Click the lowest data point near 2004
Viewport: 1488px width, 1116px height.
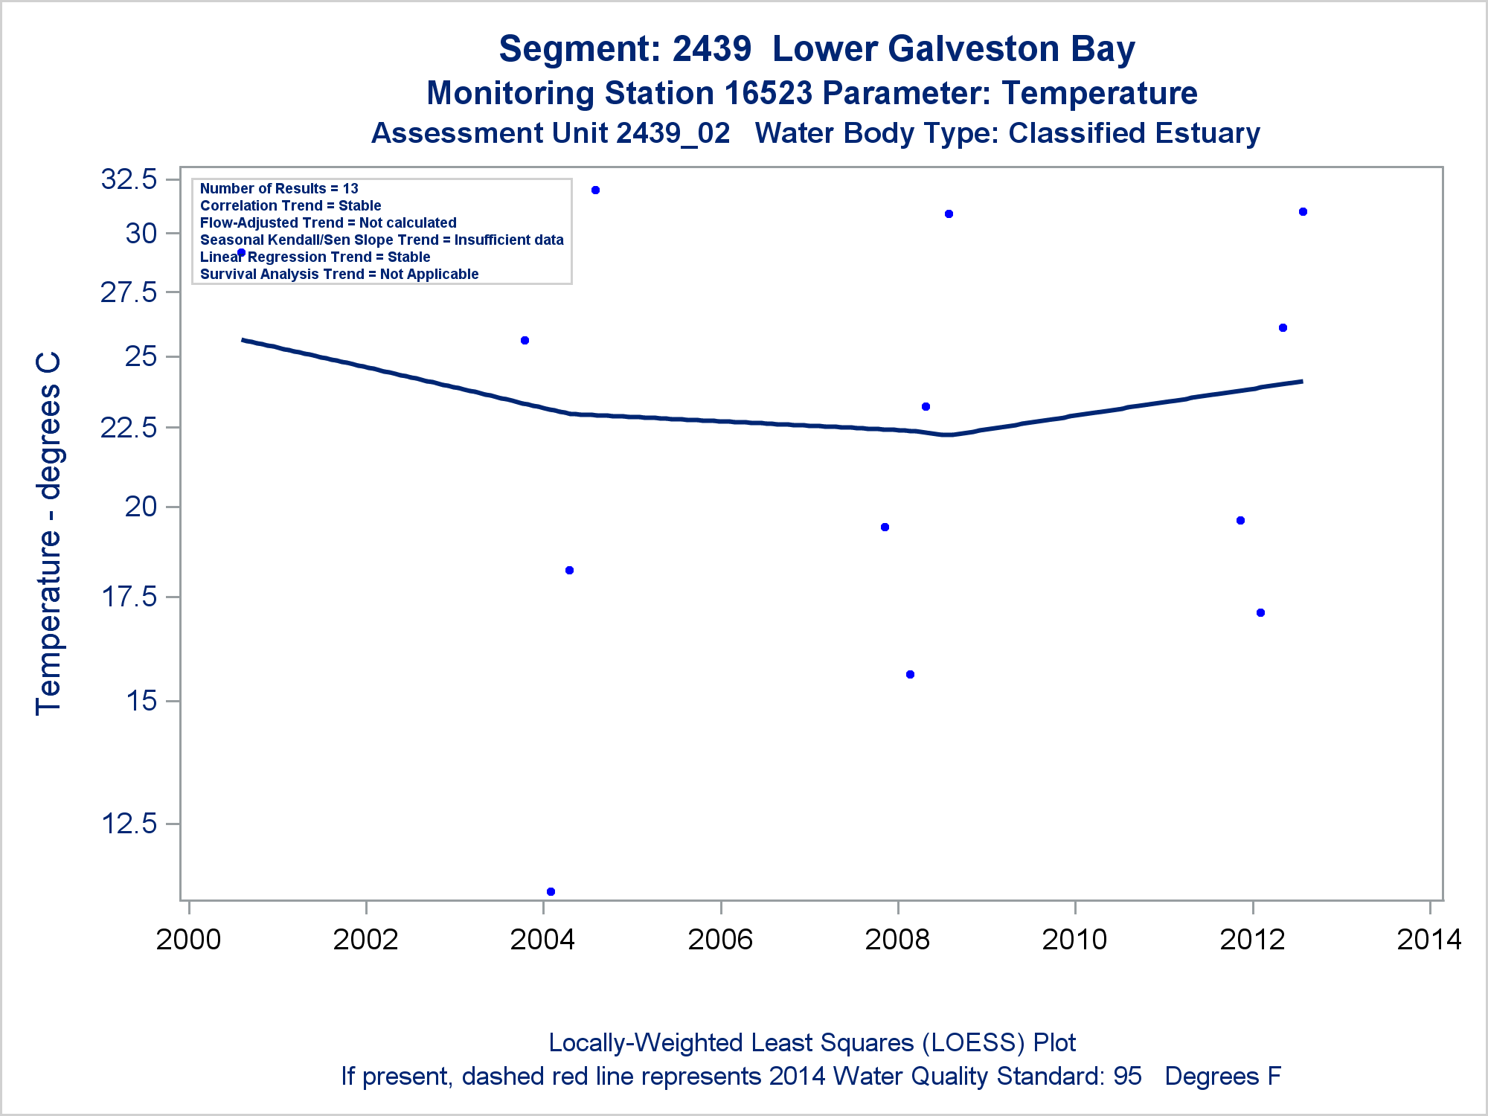click(x=551, y=891)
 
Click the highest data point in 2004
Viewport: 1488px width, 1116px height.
click(x=595, y=190)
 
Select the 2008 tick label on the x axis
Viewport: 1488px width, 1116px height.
click(x=897, y=940)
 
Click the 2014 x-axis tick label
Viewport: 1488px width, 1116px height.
click(x=1429, y=940)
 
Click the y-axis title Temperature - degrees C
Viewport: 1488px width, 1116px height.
click(x=48, y=533)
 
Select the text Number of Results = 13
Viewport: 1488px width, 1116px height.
click(x=279, y=189)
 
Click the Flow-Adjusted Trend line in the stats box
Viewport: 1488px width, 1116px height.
click(x=328, y=222)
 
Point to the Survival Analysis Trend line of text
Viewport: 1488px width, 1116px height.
click(x=339, y=274)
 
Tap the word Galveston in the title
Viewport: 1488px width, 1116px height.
click(x=974, y=49)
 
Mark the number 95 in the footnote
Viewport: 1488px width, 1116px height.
click(x=1127, y=1077)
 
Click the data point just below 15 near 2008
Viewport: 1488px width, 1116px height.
click(x=910, y=675)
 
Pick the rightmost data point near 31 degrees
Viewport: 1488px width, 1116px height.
click(x=1303, y=212)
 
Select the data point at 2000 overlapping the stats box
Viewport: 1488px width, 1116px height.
click(x=241, y=253)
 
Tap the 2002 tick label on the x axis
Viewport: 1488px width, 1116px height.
click(x=365, y=940)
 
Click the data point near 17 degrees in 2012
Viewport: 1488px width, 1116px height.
click(x=1260, y=613)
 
